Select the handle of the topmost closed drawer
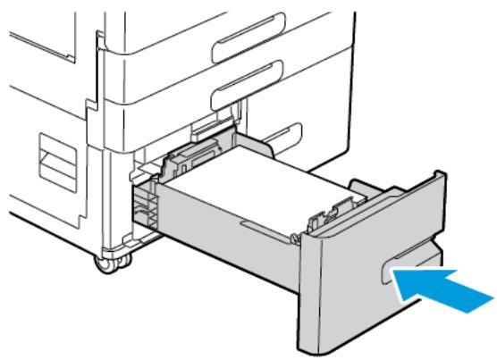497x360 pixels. coord(246,34)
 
